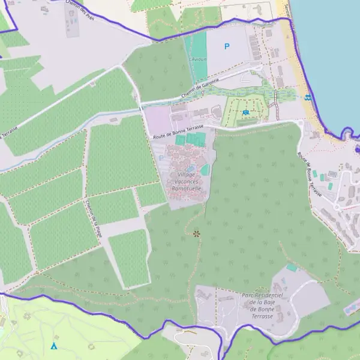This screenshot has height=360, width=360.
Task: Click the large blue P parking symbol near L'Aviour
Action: (227, 46)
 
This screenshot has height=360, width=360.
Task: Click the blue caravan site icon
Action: (245, 112)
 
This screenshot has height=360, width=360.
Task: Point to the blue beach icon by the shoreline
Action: (308, 98)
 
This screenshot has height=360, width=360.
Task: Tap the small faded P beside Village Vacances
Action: (161, 158)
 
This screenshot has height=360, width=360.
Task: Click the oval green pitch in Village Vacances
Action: (205, 170)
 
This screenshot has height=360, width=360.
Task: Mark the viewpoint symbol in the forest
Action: (196, 233)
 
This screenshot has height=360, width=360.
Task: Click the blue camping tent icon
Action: (54, 346)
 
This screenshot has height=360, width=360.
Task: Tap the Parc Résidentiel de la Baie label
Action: (262, 305)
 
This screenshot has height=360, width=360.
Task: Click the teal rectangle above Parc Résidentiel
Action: (291, 267)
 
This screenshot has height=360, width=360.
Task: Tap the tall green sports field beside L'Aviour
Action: (199, 57)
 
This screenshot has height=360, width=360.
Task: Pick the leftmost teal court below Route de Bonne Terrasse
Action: (180, 140)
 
